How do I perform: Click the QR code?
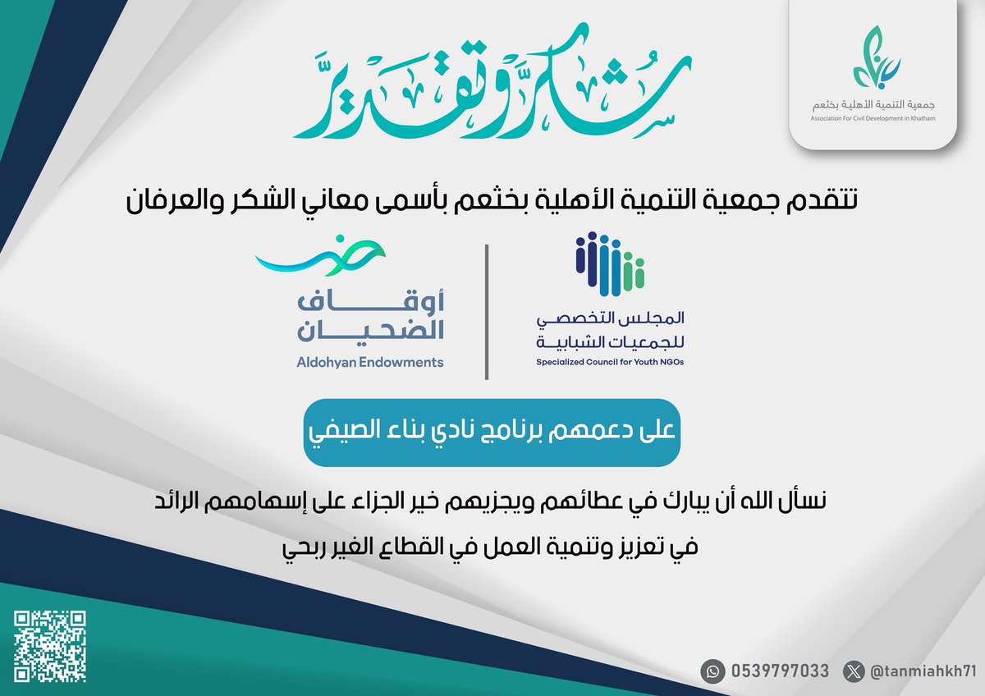coord(52,645)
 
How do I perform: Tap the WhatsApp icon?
coord(712,671)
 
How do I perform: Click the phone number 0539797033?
coord(778,671)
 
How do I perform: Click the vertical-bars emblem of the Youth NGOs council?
coord(610,265)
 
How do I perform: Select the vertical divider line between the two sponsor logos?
coord(488,312)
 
